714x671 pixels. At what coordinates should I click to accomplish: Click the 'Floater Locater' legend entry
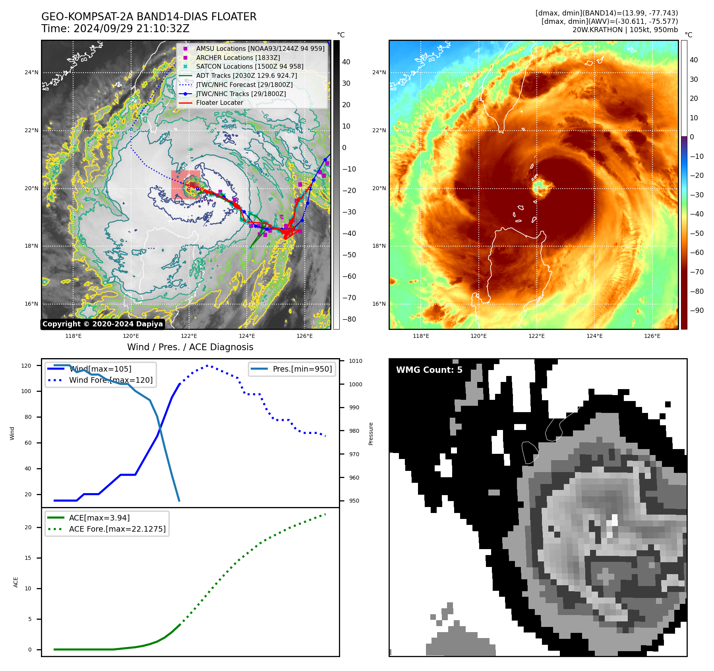[x=219, y=103]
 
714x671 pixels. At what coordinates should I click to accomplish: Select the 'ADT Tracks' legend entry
[x=246, y=76]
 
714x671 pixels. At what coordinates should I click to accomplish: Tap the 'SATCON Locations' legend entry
[x=250, y=67]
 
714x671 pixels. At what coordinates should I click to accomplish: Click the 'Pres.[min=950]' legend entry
[x=302, y=369]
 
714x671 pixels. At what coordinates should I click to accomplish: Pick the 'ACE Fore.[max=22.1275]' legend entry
[x=117, y=529]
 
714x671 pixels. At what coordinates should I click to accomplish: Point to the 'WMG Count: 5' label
[x=429, y=370]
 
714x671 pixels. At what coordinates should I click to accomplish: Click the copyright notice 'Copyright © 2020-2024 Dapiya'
[x=103, y=324]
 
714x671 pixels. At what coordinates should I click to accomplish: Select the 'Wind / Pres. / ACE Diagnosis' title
[x=190, y=347]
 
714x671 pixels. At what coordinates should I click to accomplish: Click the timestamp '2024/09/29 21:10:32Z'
[x=131, y=29]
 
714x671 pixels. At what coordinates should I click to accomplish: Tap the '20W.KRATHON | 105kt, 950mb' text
[x=625, y=30]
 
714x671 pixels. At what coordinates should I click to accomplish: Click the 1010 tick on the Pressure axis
[x=356, y=361]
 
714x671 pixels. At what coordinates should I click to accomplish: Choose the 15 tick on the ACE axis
[x=28, y=558]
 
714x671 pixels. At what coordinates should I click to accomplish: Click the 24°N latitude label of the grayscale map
[x=31, y=73]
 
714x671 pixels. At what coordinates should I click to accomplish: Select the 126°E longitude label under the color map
[x=652, y=336]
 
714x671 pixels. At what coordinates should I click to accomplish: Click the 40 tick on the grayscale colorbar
[x=346, y=62]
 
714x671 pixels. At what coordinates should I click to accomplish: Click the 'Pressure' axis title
[x=371, y=434]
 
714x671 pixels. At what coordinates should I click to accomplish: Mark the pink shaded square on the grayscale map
[x=186, y=185]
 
